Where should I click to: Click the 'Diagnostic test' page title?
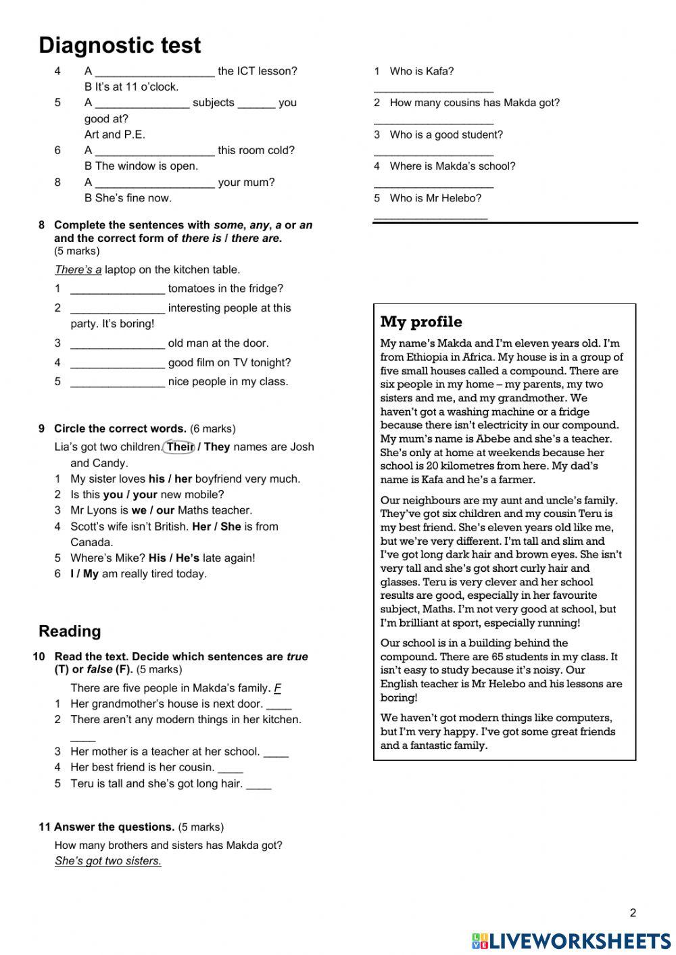point(120,45)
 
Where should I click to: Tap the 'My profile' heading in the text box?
point(421,322)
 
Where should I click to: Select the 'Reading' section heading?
point(70,631)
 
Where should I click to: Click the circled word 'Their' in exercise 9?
point(179,447)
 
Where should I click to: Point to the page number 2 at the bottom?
point(633,913)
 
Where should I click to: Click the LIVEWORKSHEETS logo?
point(571,941)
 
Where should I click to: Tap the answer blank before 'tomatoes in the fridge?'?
point(118,289)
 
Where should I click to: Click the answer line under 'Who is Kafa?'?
point(433,89)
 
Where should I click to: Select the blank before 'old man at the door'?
point(118,344)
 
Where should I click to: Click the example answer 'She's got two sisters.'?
point(108,861)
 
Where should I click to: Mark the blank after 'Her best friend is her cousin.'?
point(231,768)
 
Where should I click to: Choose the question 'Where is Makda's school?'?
point(452,166)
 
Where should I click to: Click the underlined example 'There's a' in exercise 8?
point(78,270)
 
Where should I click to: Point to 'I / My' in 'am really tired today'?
point(84,574)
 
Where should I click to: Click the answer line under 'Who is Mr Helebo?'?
point(430,216)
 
